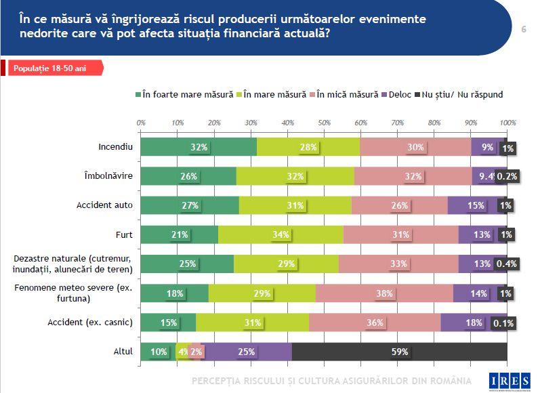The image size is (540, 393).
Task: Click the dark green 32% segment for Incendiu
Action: click(199, 147)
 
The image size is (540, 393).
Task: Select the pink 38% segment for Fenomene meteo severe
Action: click(384, 293)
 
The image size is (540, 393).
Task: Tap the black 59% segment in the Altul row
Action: click(399, 352)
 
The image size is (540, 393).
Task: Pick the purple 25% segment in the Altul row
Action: click(247, 352)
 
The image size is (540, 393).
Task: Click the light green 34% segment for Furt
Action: click(281, 234)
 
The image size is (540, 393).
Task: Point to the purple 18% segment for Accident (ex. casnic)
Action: click(474, 323)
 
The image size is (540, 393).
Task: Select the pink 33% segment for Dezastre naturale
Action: click(398, 264)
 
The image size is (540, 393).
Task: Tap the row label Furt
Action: click(123, 234)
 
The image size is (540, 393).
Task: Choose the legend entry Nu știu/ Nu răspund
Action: click(461, 95)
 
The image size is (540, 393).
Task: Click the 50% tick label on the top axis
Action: click(324, 123)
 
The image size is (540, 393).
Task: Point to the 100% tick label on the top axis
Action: click(507, 123)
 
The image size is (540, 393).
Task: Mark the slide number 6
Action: click(524, 29)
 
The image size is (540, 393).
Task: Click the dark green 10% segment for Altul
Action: click(158, 352)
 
